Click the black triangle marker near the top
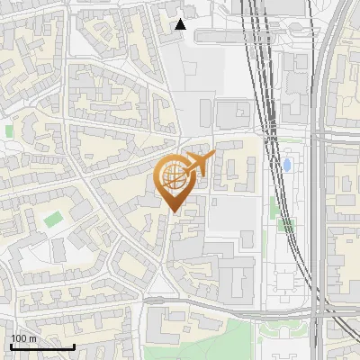point(180,24)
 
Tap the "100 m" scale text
point(24,337)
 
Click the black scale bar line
point(42,346)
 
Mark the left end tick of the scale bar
point(12,345)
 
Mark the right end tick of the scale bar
point(73,345)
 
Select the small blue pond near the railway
point(286,166)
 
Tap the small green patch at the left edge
point(9,131)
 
